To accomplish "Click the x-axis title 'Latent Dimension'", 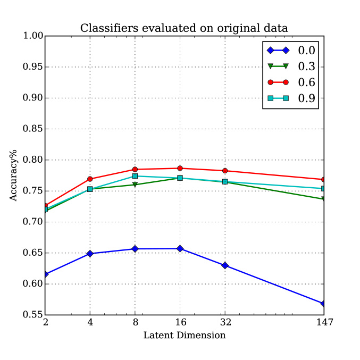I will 184,336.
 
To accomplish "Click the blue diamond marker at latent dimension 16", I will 180,248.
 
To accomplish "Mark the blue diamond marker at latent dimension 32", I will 225,265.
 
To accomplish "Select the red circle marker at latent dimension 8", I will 135,170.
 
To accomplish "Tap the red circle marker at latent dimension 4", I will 90,179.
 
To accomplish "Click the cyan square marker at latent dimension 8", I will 135,176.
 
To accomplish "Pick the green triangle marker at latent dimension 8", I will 135,185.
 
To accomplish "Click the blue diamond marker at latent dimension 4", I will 90,254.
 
